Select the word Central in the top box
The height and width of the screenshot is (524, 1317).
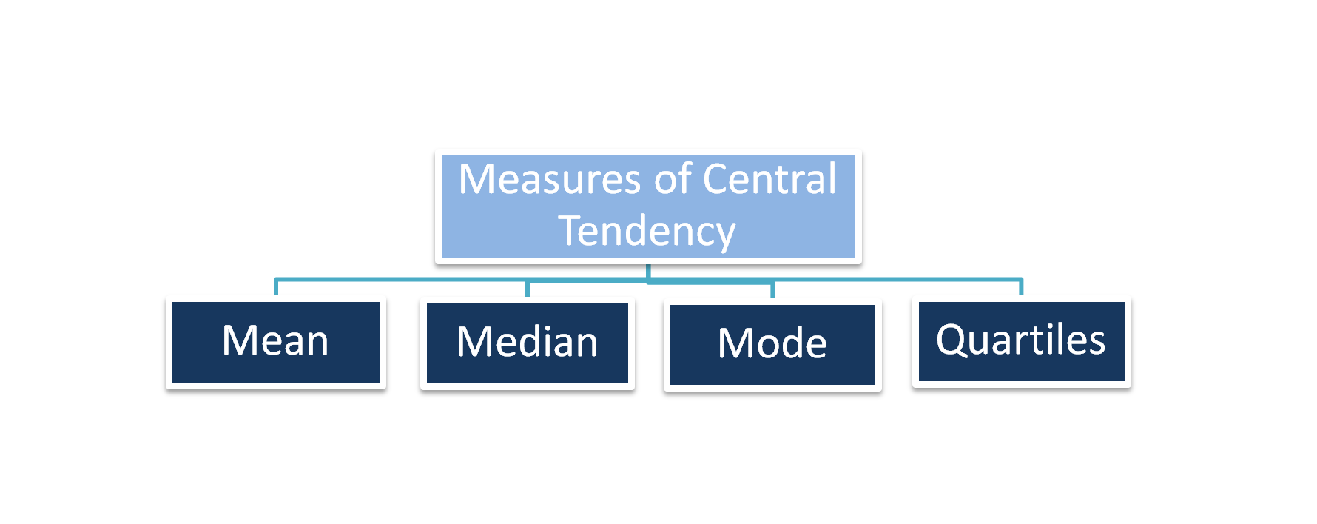point(769,180)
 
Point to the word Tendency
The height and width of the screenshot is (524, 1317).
point(647,232)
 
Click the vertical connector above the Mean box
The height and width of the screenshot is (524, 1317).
point(276,288)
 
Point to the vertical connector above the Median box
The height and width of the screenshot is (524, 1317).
point(528,289)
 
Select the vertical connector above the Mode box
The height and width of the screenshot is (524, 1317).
point(772,290)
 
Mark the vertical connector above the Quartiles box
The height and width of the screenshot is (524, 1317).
point(1021,287)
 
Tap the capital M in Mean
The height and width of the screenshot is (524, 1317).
point(238,341)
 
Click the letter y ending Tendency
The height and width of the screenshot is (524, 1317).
point(724,235)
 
